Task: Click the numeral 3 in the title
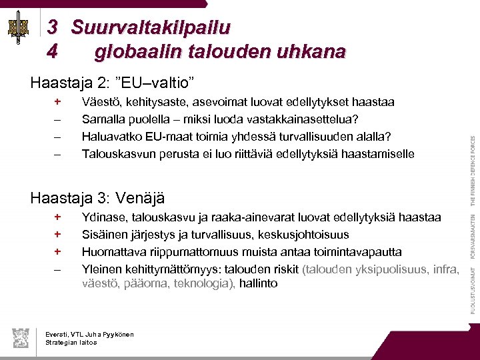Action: click(x=53, y=28)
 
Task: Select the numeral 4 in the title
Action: click(x=53, y=51)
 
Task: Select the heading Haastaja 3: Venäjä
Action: click(x=97, y=198)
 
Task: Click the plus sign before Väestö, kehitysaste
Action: click(x=58, y=102)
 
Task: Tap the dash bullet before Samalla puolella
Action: click(x=58, y=119)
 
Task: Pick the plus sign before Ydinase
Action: click(x=58, y=217)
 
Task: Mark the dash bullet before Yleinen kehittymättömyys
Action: click(x=58, y=269)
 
